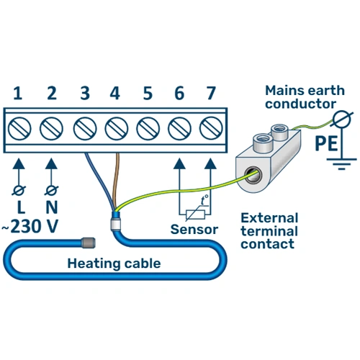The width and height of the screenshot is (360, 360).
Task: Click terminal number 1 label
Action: coord(17,93)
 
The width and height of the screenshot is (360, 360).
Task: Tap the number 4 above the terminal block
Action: coord(115,93)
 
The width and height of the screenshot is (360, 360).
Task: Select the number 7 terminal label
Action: coord(210,93)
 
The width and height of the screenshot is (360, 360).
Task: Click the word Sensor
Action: coord(194,230)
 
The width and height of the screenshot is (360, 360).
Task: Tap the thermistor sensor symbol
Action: coord(195,210)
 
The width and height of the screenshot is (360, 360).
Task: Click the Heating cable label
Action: coord(114,263)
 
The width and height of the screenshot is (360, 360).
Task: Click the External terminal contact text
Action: coord(268,230)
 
